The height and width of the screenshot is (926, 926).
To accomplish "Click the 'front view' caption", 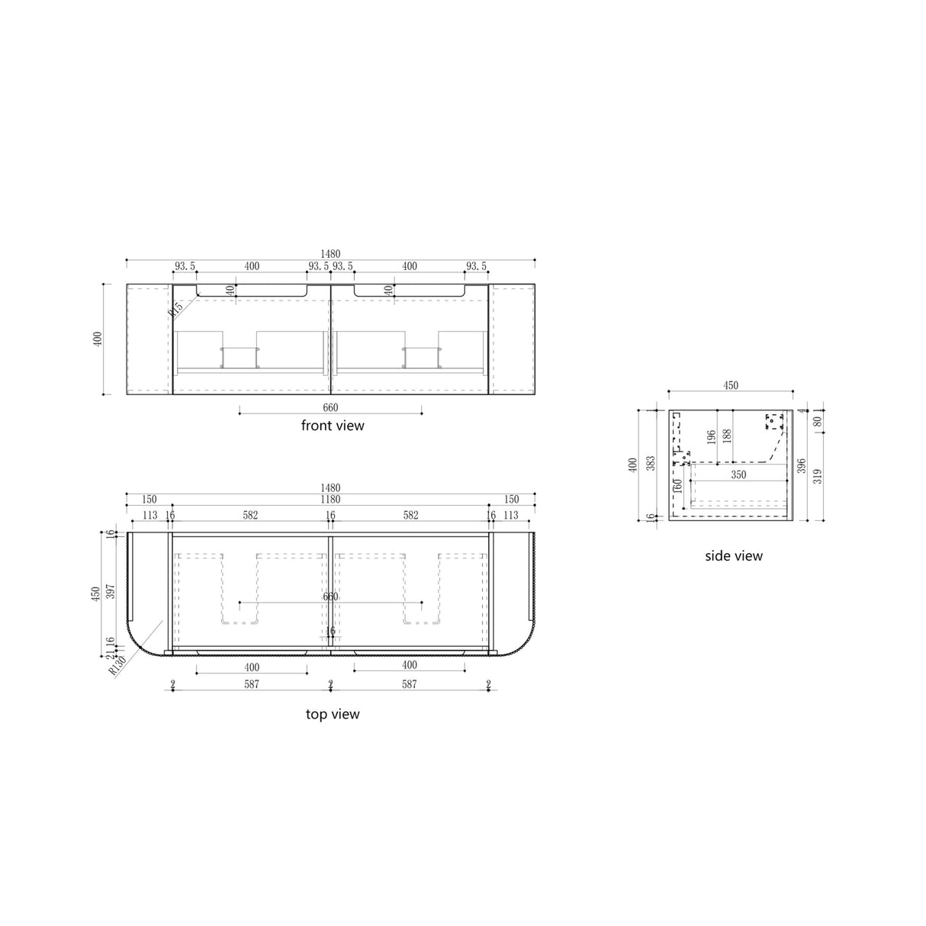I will tap(333, 426).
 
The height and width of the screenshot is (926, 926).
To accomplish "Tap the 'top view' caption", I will tap(333, 715).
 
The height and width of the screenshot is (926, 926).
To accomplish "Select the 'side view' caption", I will tap(733, 556).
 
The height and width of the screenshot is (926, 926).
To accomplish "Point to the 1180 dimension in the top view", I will tap(330, 500).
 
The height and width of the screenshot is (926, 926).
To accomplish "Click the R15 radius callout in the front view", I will tap(175, 308).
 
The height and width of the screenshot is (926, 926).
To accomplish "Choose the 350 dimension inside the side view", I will tap(738, 474).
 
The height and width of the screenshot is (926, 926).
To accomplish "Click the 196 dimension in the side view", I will tap(711, 437).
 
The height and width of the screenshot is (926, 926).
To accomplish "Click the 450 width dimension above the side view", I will tap(730, 386).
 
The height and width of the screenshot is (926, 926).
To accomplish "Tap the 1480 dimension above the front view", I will tap(330, 254).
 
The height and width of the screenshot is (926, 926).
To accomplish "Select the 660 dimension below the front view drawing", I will tap(330, 408).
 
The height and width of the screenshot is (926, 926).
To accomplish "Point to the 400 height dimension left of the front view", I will tap(97, 339).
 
